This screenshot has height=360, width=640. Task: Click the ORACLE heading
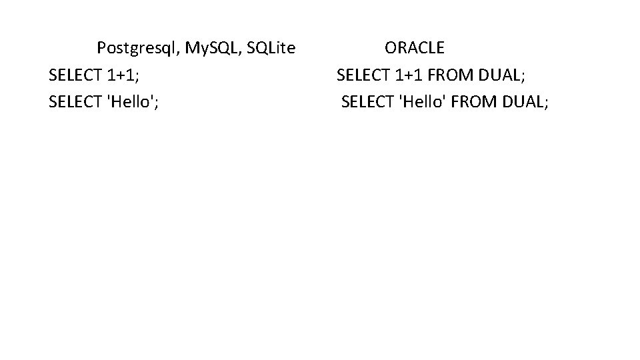tap(414, 48)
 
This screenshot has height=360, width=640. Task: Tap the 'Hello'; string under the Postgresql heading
tap(133, 102)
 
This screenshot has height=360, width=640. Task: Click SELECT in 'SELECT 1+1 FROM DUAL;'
tap(363, 75)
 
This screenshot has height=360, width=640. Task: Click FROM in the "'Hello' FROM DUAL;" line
tap(470, 102)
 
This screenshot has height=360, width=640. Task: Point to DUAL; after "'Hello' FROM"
tap(523, 102)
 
